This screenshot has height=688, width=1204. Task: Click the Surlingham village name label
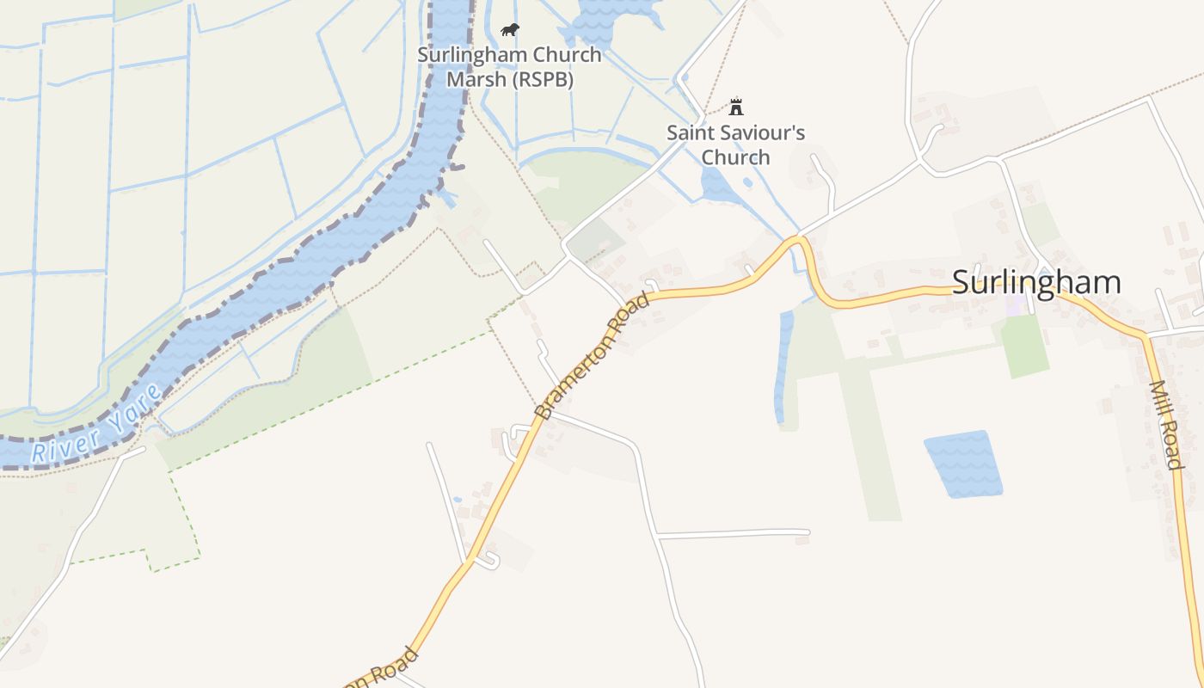[1036, 282]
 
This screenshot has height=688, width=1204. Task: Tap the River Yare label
[96, 426]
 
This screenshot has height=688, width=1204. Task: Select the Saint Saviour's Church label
[735, 144]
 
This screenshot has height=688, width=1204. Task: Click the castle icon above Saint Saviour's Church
[735, 107]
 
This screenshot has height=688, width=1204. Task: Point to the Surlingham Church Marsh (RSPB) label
[509, 67]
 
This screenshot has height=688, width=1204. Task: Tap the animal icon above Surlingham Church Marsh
[510, 30]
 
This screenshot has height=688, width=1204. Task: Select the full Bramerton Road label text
[592, 355]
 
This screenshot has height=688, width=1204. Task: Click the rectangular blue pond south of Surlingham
[963, 464]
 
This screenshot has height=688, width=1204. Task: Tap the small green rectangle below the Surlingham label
[1025, 346]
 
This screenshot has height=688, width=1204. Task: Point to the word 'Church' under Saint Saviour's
[735, 157]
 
